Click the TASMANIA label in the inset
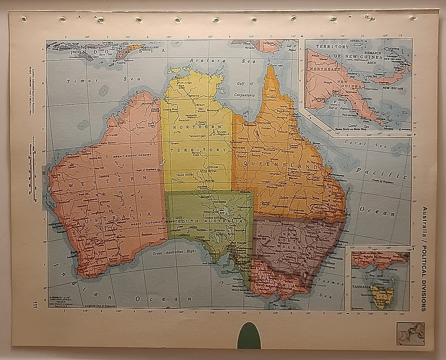pyautogui.click(x=363, y=287)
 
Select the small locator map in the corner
pyautogui.click(x=410, y=333)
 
